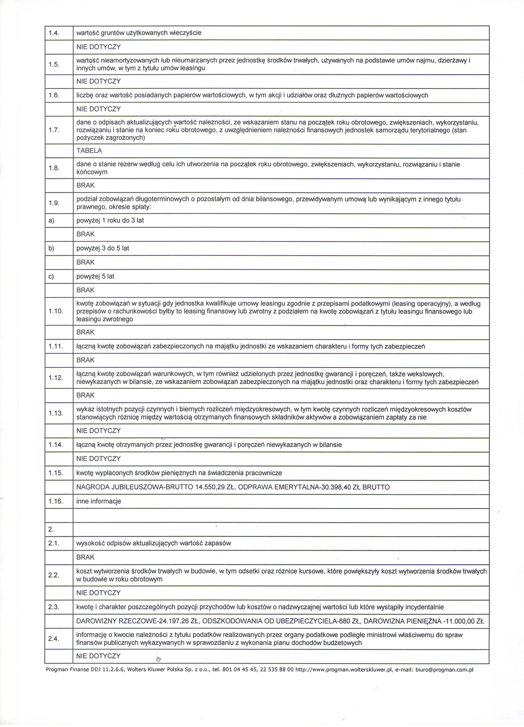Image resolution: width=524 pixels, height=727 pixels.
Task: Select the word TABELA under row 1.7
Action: pyautogui.click(x=89, y=151)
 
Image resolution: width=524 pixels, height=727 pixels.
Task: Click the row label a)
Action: pyautogui.click(x=51, y=221)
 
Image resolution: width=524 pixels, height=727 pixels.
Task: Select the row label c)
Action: pyautogui.click(x=51, y=276)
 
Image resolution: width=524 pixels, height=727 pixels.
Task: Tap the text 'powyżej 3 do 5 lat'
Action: pyautogui.click(x=103, y=248)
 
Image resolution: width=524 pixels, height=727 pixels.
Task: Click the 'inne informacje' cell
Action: pyautogui.click(x=99, y=501)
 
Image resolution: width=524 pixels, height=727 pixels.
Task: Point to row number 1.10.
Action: pyautogui.click(x=56, y=311)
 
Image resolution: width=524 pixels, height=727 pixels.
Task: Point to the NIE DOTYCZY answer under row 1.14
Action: pyautogui.click(x=98, y=459)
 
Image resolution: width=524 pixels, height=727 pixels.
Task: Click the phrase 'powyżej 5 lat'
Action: pyautogui.click(x=95, y=276)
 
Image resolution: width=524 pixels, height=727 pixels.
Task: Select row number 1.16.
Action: pyautogui.click(x=56, y=501)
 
